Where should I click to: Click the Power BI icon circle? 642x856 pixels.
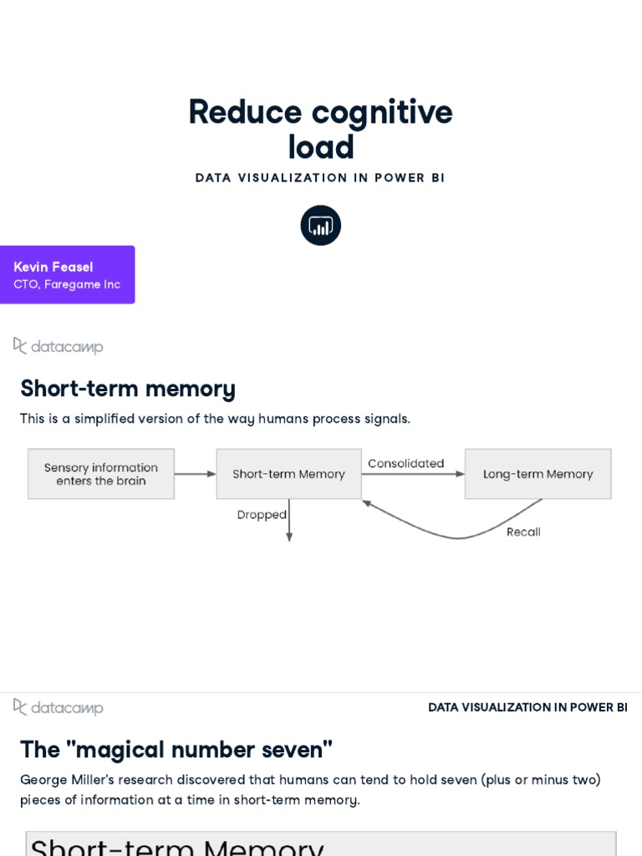321,225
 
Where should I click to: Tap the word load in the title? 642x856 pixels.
321,148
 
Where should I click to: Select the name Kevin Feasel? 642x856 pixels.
53,267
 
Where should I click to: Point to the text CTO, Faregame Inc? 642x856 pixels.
67,284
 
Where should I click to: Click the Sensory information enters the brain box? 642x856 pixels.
101,474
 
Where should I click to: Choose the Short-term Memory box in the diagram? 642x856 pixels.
288,474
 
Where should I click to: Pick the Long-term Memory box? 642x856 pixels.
538,474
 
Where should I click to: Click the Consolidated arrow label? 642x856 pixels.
406,463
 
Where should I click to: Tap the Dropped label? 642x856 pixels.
262,515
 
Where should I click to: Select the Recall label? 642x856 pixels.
523,532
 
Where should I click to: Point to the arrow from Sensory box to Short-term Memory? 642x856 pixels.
195,474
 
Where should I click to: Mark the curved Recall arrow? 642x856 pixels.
456,537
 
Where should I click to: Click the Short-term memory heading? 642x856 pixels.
128,389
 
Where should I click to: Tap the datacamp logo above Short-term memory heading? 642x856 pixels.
59,346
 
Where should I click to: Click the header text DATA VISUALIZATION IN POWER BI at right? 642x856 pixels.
527,707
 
